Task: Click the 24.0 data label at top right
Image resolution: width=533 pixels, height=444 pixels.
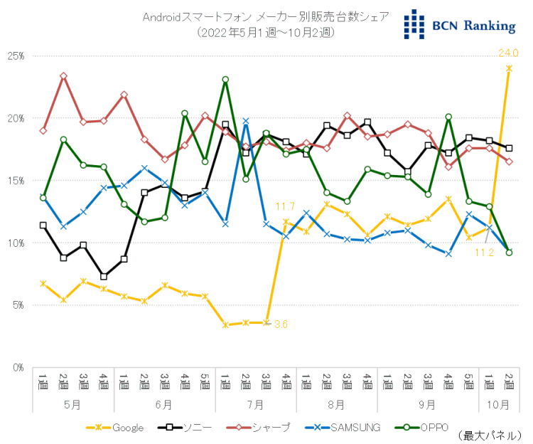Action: pyautogui.click(x=508, y=53)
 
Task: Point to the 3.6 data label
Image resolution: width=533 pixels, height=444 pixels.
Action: pyautogui.click(x=281, y=324)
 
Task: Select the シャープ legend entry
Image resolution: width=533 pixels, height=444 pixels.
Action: pyautogui.click(x=262, y=428)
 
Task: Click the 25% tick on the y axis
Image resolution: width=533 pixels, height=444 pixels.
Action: pyautogui.click(x=16, y=55)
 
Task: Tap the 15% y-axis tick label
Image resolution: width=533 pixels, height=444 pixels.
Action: pyautogui.click(x=16, y=181)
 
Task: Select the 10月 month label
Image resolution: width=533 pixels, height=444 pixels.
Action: pyautogui.click(x=499, y=404)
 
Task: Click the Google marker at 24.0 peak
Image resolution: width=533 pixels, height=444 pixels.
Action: pyautogui.click(x=509, y=68)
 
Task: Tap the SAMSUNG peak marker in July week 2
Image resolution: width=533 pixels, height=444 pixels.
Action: pyautogui.click(x=245, y=121)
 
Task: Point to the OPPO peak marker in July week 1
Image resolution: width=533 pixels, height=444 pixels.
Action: pyautogui.click(x=225, y=80)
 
